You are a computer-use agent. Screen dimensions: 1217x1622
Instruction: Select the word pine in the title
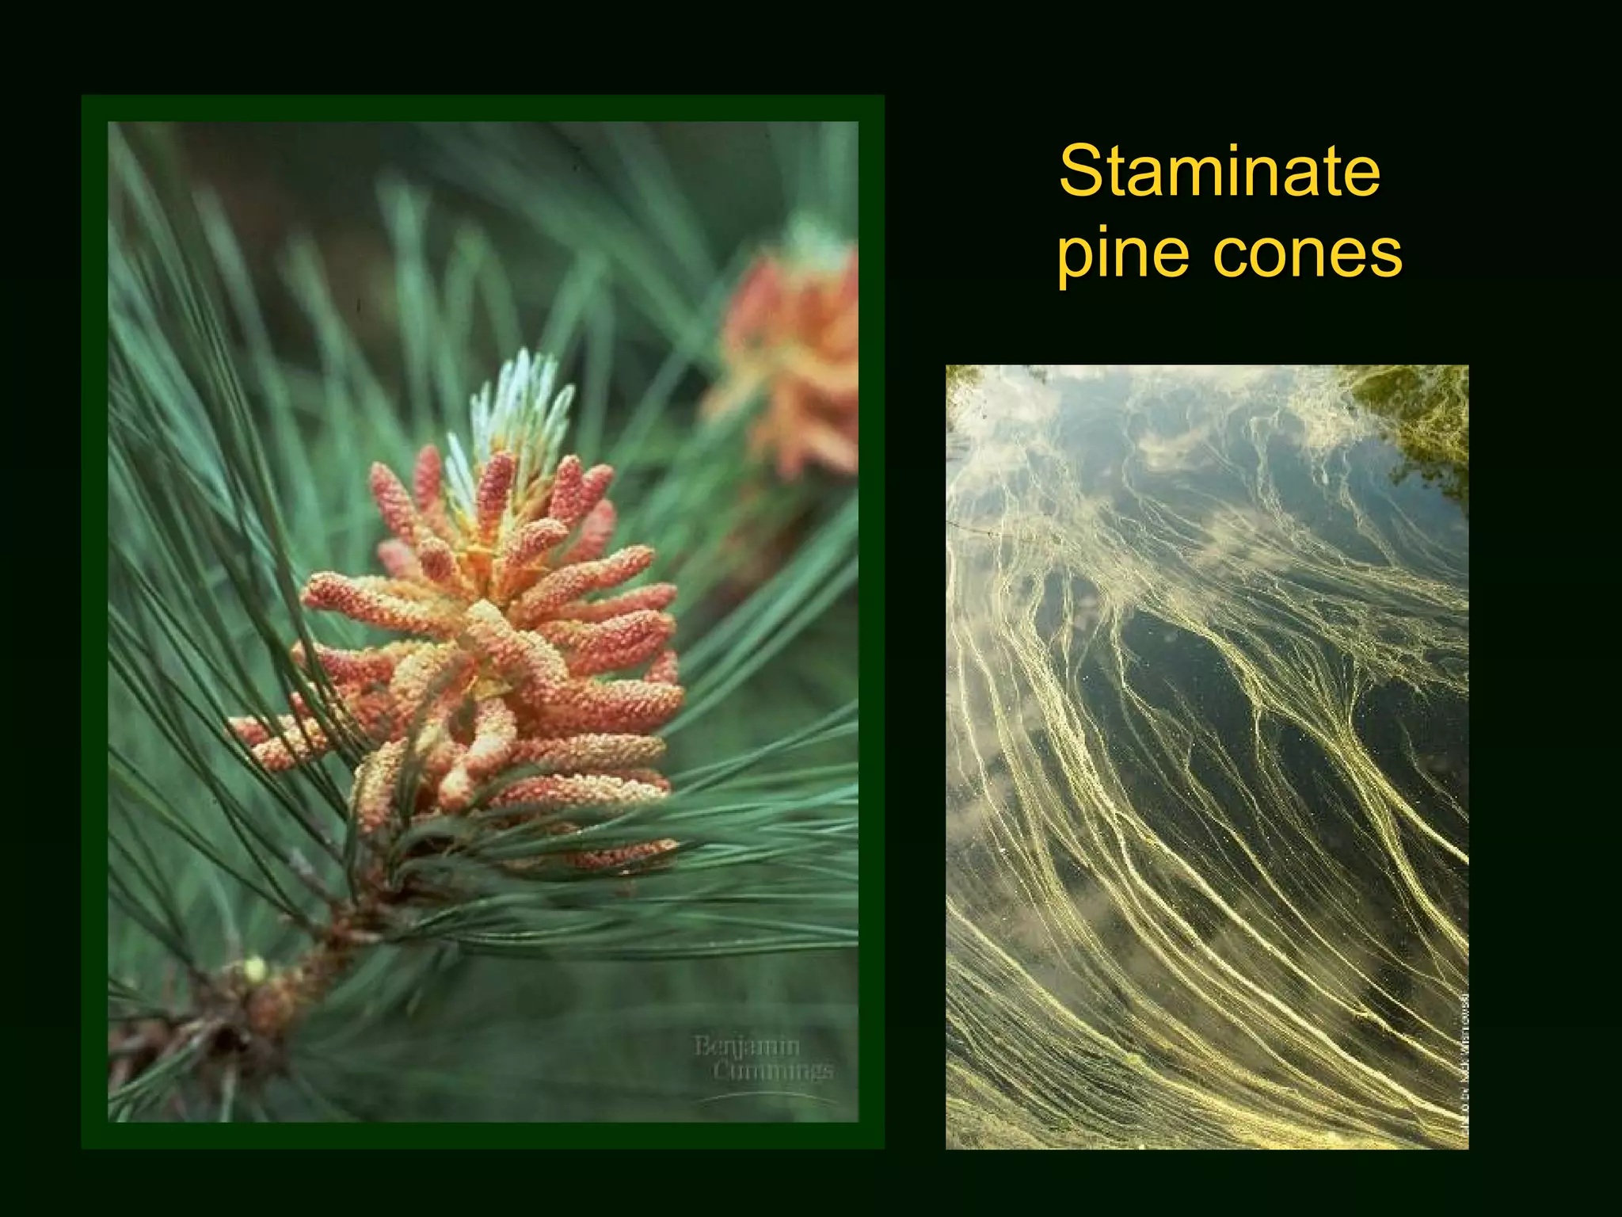1124,255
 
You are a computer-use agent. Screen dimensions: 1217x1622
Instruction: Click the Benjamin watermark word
746,1047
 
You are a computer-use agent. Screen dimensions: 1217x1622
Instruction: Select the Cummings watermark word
772,1071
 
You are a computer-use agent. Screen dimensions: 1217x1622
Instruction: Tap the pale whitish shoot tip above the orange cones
519,404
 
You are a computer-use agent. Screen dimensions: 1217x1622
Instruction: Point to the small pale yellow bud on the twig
254,968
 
